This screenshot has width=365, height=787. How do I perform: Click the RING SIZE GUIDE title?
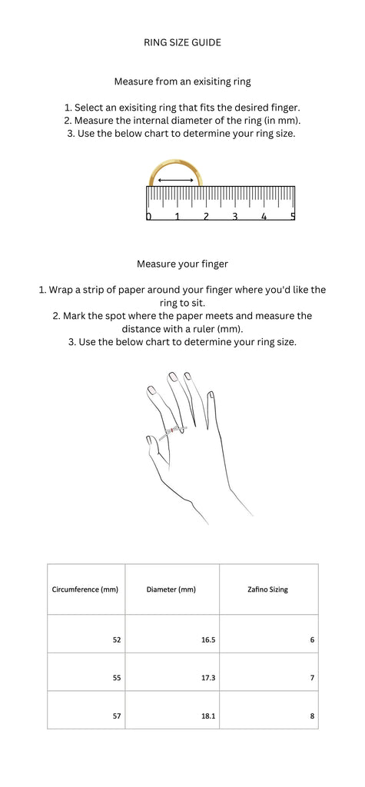182,43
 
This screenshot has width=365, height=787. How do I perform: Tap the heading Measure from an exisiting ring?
182,81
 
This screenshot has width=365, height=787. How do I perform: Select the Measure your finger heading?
182,264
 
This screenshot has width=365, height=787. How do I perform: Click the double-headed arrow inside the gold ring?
176,180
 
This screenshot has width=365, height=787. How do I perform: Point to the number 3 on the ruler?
234,216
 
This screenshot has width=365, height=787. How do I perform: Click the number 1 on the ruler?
177,216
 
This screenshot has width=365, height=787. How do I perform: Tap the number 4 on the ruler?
264,216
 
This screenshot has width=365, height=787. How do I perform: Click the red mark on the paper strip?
171,430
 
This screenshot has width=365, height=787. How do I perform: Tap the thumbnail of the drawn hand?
149,440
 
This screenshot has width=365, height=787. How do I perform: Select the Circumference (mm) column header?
85,589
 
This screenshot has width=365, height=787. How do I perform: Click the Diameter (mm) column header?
171,589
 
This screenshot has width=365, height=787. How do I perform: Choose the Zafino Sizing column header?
268,589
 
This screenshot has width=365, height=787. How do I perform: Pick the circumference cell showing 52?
117,640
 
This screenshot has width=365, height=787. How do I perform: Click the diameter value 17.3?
208,678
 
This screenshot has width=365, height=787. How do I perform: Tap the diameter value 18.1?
208,716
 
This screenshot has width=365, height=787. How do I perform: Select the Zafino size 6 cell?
312,640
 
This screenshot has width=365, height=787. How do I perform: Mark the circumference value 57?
117,716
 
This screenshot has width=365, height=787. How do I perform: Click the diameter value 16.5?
208,640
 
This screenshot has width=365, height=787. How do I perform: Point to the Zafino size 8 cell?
312,716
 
